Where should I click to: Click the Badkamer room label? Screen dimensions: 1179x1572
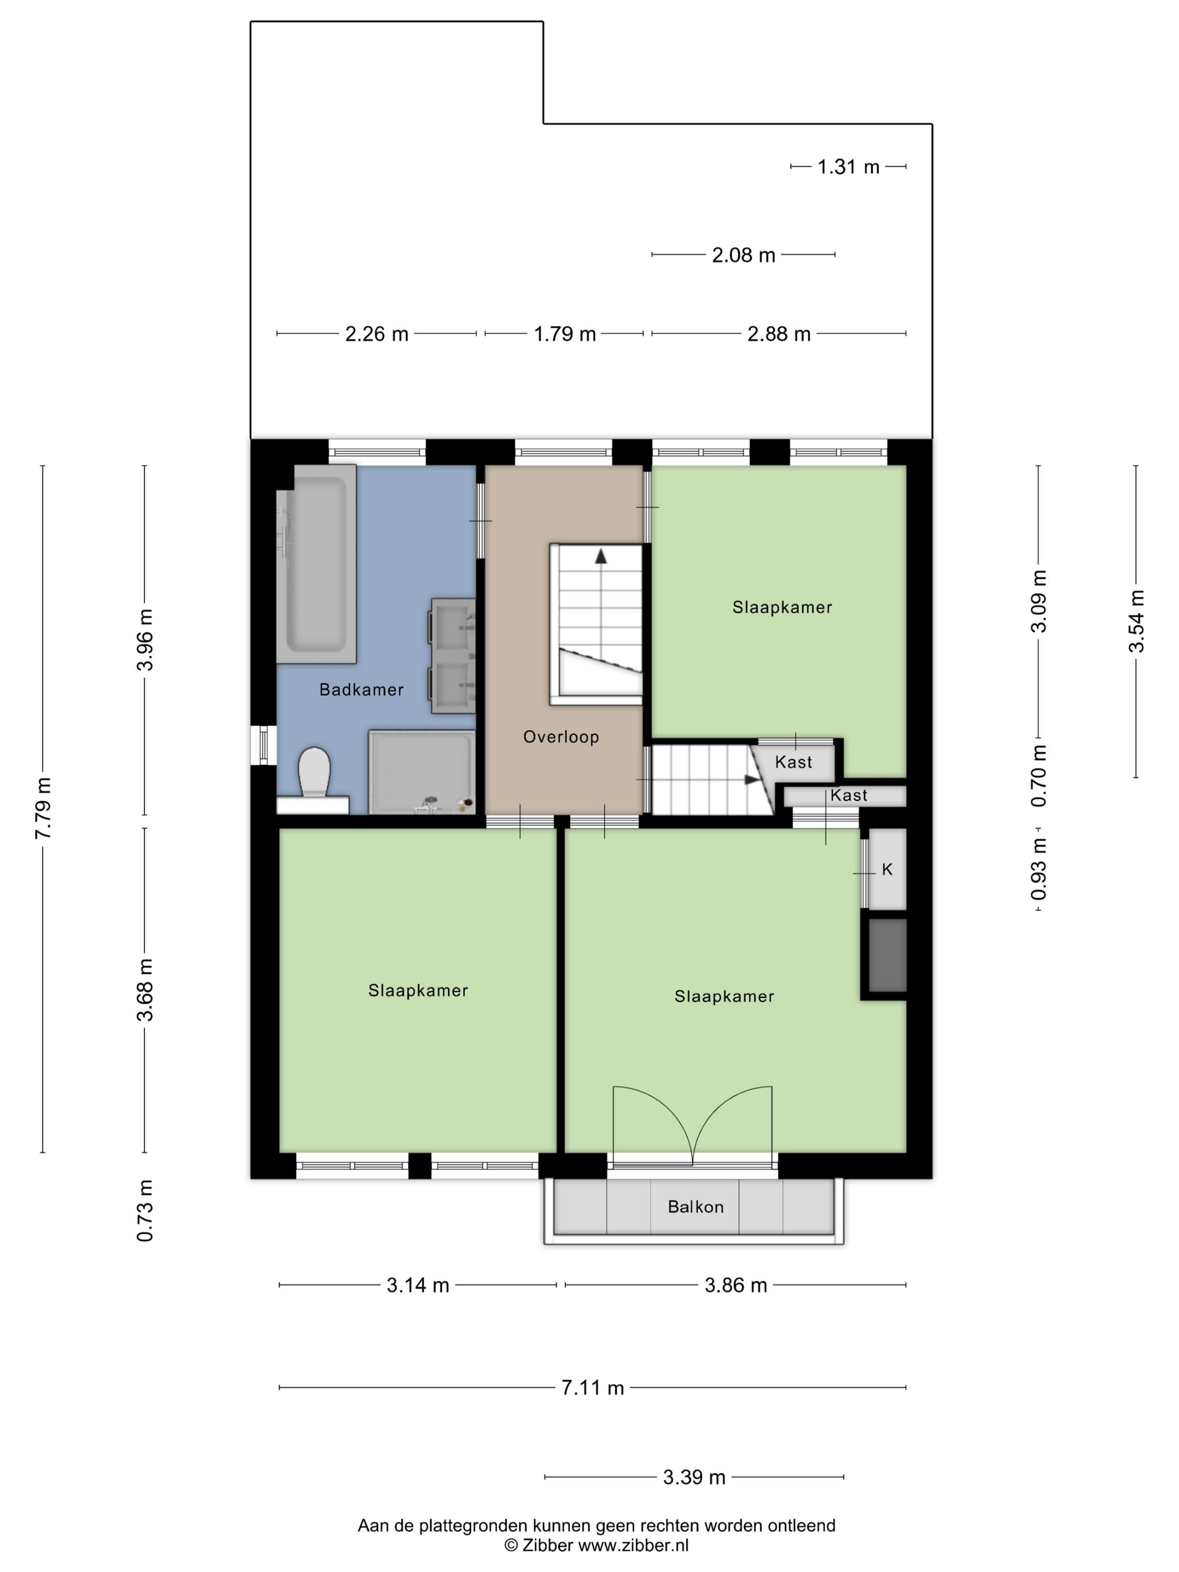point(361,689)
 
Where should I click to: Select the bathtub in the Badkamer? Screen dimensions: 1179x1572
point(316,564)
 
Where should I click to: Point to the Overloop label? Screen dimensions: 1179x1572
point(561,737)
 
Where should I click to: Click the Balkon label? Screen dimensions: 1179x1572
point(696,1207)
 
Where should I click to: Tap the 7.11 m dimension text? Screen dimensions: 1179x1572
point(593,1387)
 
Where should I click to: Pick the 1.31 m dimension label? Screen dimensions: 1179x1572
point(848,167)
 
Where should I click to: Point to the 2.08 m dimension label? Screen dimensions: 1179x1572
point(743,255)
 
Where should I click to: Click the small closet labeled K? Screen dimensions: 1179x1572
point(888,869)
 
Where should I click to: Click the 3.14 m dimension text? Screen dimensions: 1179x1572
point(418,1285)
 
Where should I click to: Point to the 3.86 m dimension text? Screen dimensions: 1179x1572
point(735,1285)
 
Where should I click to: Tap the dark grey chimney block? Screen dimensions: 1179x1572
point(888,955)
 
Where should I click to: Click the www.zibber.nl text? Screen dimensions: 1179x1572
point(633,1545)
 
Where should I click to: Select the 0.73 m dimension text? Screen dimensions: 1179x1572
point(145,1211)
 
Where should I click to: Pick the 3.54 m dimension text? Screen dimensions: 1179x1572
point(1136,621)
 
